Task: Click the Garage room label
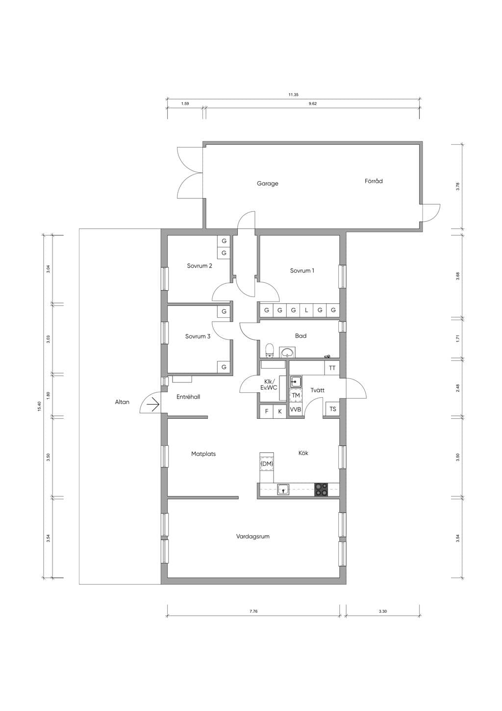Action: [x=268, y=184]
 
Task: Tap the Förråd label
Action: [x=374, y=181]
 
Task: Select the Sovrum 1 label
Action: [x=302, y=271]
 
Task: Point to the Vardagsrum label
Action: [x=252, y=536]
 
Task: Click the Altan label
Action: [x=122, y=402]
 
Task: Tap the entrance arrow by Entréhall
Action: [x=153, y=405]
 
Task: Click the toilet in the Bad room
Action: [x=269, y=351]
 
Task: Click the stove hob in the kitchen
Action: [x=321, y=490]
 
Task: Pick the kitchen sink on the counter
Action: [x=283, y=490]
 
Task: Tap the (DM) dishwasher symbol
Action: [x=267, y=464]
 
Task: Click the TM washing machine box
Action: [x=296, y=395]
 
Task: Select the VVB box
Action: [x=296, y=410]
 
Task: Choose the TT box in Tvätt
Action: [x=332, y=368]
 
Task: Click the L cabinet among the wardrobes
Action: [x=306, y=310]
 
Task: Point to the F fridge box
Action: [x=267, y=411]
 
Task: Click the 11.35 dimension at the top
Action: [x=294, y=95]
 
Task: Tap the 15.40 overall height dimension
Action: [x=39, y=407]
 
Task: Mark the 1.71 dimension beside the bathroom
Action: [x=457, y=339]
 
